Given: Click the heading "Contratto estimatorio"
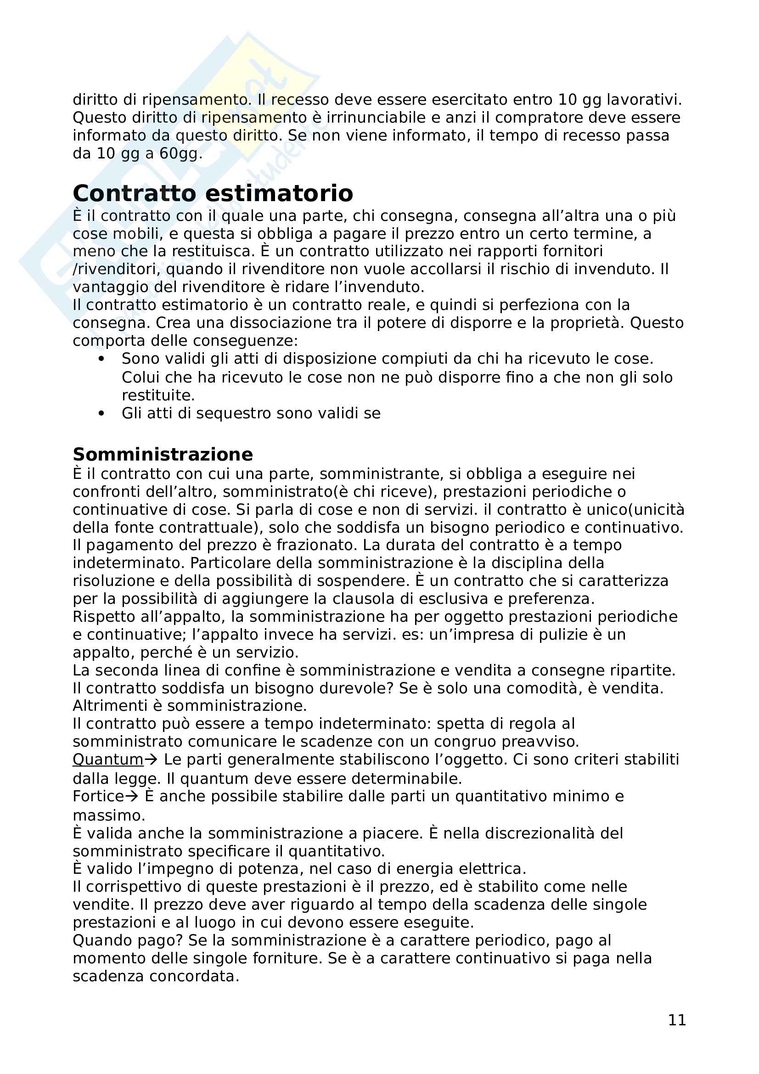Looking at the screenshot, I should pos(213,193).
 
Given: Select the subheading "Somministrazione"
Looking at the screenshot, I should pos(163,454).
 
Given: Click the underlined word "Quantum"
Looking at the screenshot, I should pos(108,759).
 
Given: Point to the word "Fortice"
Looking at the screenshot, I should pos(98,796).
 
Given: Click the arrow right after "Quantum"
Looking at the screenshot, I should pos(151,759).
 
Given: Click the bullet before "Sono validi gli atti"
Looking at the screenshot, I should pos(101,359).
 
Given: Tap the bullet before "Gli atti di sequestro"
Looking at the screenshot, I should pos(101,414).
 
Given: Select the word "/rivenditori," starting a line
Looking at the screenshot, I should pos(117,269).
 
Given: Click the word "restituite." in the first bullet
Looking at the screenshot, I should pos(158,395).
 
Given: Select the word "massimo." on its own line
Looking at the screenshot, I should pos(109,815).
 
